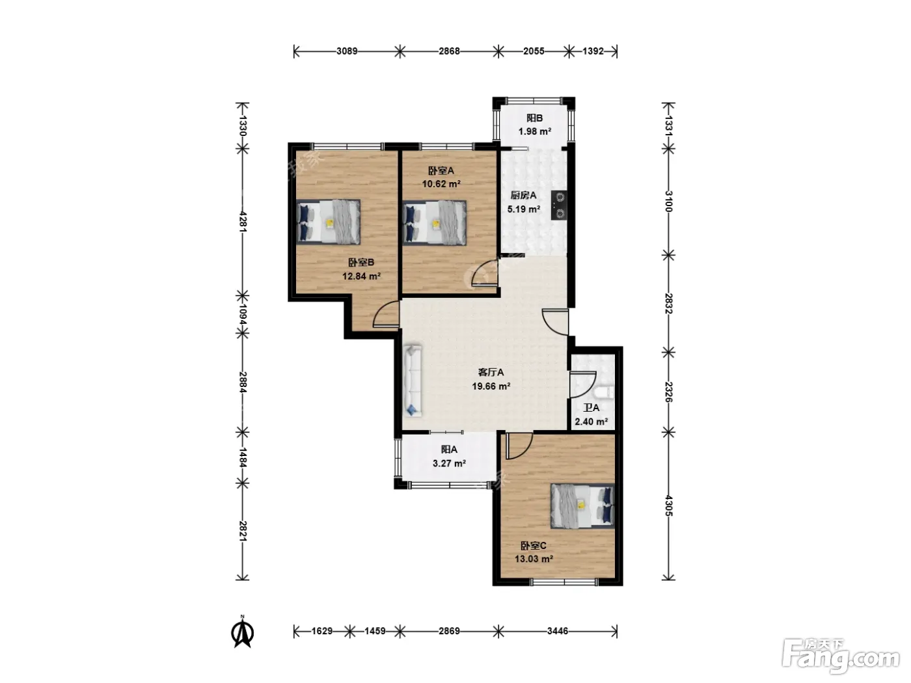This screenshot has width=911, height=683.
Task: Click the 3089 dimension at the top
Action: [347, 51]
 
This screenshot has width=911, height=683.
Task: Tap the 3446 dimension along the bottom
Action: [558, 631]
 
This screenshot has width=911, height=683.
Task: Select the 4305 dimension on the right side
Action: [668, 505]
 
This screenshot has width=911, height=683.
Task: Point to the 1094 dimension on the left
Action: [243, 315]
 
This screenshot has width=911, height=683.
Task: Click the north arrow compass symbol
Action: [242, 632]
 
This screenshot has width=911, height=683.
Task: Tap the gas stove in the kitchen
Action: [559, 205]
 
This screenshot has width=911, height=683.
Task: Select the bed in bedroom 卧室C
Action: [582, 506]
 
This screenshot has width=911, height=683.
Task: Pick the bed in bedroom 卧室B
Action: [328, 222]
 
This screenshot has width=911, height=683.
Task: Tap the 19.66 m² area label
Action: [491, 386]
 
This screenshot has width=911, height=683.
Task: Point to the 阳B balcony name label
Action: [535, 118]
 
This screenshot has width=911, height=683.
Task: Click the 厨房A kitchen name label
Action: [523, 195]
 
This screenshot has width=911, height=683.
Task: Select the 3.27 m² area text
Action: [449, 462]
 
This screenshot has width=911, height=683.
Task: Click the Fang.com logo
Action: [841, 656]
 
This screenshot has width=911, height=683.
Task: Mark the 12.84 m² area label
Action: [362, 276]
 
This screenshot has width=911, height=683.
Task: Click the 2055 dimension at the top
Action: [534, 51]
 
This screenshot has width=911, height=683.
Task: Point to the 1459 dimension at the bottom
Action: [375, 631]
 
